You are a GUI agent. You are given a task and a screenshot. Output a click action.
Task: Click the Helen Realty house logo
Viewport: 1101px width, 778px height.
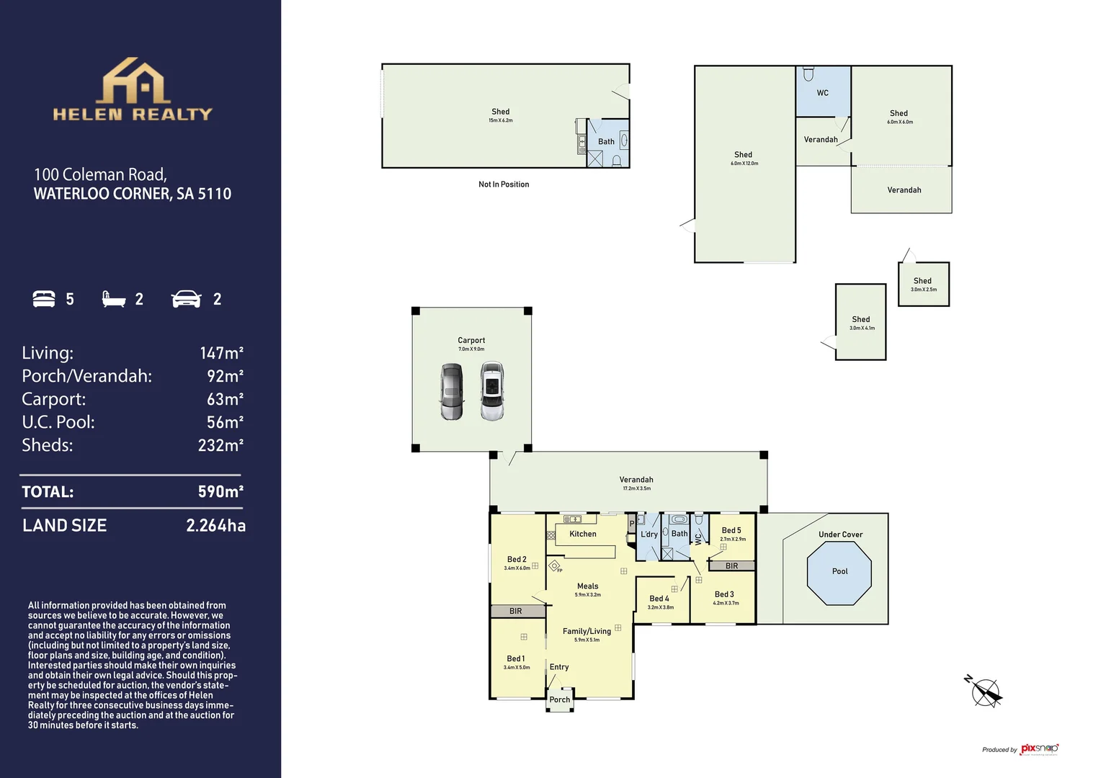[134, 81]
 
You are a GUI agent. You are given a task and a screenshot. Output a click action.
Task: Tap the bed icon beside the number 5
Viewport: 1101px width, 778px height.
[44, 299]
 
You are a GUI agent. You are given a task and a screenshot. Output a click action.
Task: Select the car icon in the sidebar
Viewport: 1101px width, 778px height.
[186, 299]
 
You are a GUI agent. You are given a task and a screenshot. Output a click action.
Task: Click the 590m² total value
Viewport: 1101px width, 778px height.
[220, 492]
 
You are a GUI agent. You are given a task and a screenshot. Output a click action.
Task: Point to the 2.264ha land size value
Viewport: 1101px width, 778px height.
[215, 526]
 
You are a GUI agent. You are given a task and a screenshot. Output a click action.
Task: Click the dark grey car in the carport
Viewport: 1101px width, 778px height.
[452, 391]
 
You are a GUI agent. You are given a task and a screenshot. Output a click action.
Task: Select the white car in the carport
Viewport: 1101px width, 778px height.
[492, 391]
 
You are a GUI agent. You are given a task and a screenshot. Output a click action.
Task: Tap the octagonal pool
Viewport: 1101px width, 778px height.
[839, 573]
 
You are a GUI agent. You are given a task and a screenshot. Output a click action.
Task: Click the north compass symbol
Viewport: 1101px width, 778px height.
[984, 692]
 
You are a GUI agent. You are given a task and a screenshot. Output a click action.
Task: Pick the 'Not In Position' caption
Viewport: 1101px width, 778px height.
[504, 184]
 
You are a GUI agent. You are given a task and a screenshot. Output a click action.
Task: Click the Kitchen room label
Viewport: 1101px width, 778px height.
[583, 534]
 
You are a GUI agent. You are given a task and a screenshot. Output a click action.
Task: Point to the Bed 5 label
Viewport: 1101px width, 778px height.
[731, 530]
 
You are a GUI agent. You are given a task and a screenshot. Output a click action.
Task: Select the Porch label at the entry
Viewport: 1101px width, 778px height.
[560, 699]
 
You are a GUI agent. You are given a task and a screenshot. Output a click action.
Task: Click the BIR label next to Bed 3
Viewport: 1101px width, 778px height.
[731, 566]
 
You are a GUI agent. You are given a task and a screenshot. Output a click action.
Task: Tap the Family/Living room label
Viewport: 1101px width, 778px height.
[587, 631]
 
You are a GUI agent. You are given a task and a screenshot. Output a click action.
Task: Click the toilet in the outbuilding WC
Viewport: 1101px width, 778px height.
[808, 74]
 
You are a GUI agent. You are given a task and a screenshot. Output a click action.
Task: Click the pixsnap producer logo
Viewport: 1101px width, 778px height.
[1039, 749]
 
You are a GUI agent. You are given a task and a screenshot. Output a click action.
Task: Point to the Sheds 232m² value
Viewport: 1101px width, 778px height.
[220, 445]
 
